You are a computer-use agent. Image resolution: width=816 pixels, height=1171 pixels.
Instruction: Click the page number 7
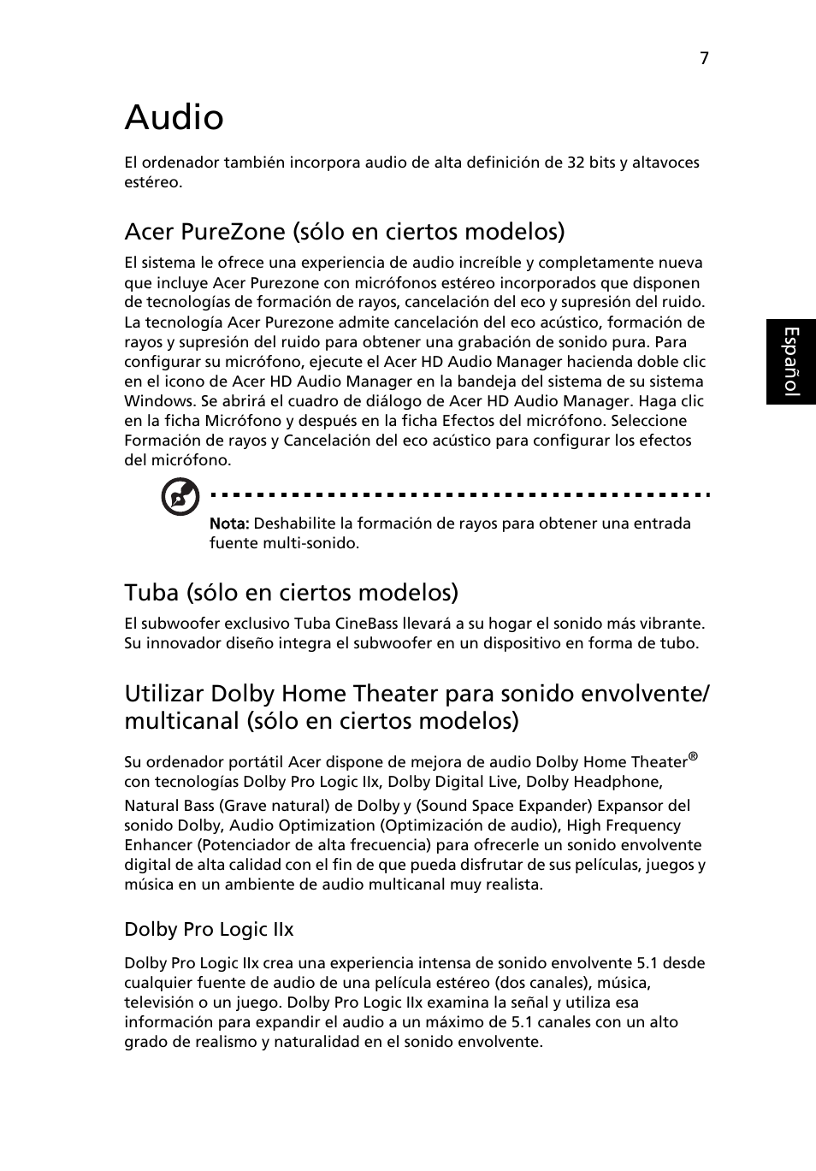[x=704, y=58]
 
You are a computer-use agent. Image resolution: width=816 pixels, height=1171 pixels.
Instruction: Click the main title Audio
[x=174, y=117]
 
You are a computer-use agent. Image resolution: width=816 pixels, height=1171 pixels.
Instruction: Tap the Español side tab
[x=791, y=361]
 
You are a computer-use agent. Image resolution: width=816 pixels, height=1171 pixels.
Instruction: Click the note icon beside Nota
[x=180, y=497]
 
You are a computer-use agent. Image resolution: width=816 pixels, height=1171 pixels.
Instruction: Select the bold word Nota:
[x=229, y=523]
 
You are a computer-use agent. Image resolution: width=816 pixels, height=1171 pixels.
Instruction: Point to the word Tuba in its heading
[x=148, y=593]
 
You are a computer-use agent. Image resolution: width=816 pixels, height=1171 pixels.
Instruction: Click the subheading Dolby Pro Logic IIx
[x=209, y=930]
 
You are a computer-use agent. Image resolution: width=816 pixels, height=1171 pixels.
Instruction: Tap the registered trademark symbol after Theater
[x=694, y=756]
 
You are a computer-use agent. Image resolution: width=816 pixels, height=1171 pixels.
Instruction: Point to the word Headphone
[x=614, y=782]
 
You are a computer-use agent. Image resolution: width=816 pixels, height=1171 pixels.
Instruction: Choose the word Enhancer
[x=157, y=845]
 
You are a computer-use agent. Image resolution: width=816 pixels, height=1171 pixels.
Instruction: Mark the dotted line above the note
[x=458, y=494]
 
